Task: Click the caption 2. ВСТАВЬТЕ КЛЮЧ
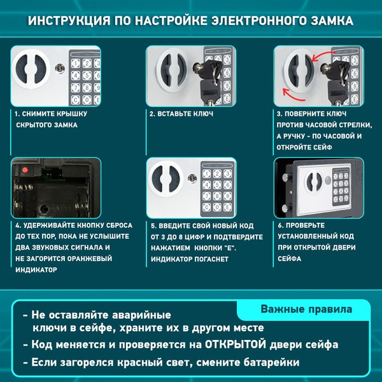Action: click(x=181, y=114)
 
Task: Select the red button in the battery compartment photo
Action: click(x=24, y=170)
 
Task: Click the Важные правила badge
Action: click(x=306, y=309)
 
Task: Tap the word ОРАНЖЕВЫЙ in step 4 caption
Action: click(x=83, y=258)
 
